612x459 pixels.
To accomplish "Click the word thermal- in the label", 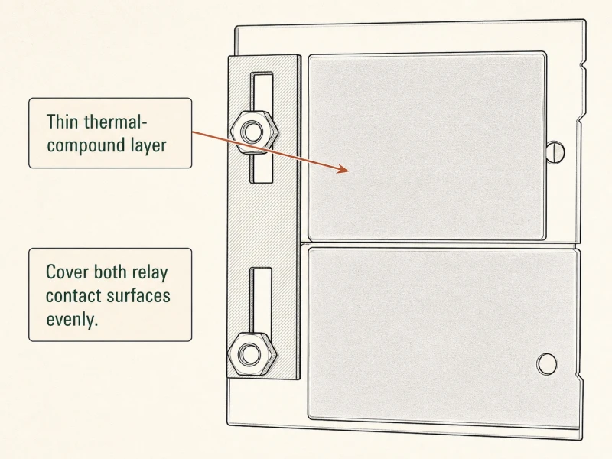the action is [x=116, y=122].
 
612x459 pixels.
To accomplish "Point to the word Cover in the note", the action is [x=68, y=272].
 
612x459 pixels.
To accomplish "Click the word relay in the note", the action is [x=150, y=272].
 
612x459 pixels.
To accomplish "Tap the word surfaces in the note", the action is [x=138, y=296].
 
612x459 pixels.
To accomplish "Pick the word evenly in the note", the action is [x=72, y=320].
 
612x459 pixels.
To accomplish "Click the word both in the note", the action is [x=111, y=272].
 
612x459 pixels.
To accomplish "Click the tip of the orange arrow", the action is [x=349, y=170].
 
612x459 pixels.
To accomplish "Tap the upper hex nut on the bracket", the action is [x=254, y=132].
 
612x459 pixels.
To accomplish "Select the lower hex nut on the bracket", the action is [x=252, y=354].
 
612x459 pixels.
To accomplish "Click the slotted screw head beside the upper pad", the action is [x=556, y=152].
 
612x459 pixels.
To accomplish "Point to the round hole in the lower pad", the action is [x=547, y=364].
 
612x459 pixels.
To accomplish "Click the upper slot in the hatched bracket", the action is [x=261, y=127].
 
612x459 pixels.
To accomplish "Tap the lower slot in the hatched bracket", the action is [x=260, y=304].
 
